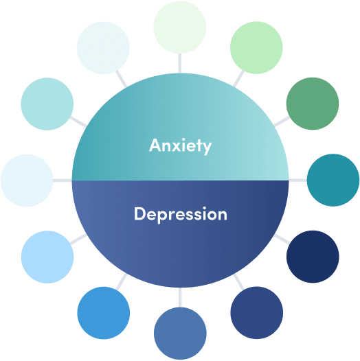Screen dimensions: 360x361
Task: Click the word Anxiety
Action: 180,146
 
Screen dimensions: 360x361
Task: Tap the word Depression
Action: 181,215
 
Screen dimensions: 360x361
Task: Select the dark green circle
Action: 313,104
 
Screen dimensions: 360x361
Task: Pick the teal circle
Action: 333,180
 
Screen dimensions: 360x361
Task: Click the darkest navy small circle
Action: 313,257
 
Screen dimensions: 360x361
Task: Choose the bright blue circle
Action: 104,313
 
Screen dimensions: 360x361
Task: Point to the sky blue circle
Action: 47,257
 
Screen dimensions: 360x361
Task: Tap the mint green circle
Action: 256,47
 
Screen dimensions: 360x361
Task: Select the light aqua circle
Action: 47,104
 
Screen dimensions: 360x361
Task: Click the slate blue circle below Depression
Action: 180,334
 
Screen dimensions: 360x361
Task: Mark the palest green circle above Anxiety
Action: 180,27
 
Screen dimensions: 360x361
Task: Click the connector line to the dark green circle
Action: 282,121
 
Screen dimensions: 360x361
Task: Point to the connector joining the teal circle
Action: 297,180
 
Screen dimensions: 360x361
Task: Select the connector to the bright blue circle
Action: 122,281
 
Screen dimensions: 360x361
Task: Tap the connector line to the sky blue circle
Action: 78,239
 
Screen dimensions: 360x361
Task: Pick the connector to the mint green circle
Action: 238,78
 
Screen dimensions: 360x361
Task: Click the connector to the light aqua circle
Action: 78,121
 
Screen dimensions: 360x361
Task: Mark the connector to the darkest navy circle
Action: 282,239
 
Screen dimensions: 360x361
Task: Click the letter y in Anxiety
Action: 206,148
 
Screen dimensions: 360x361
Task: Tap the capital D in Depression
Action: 140,213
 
